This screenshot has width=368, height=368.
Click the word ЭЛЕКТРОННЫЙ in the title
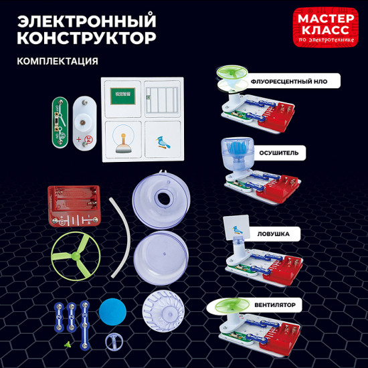click(85, 17)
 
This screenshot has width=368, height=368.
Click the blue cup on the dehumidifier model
click(236, 154)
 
